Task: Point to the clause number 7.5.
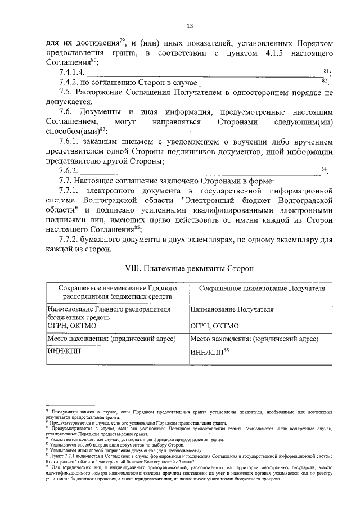[x=66, y=92]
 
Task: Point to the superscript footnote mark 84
[x=324, y=168]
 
